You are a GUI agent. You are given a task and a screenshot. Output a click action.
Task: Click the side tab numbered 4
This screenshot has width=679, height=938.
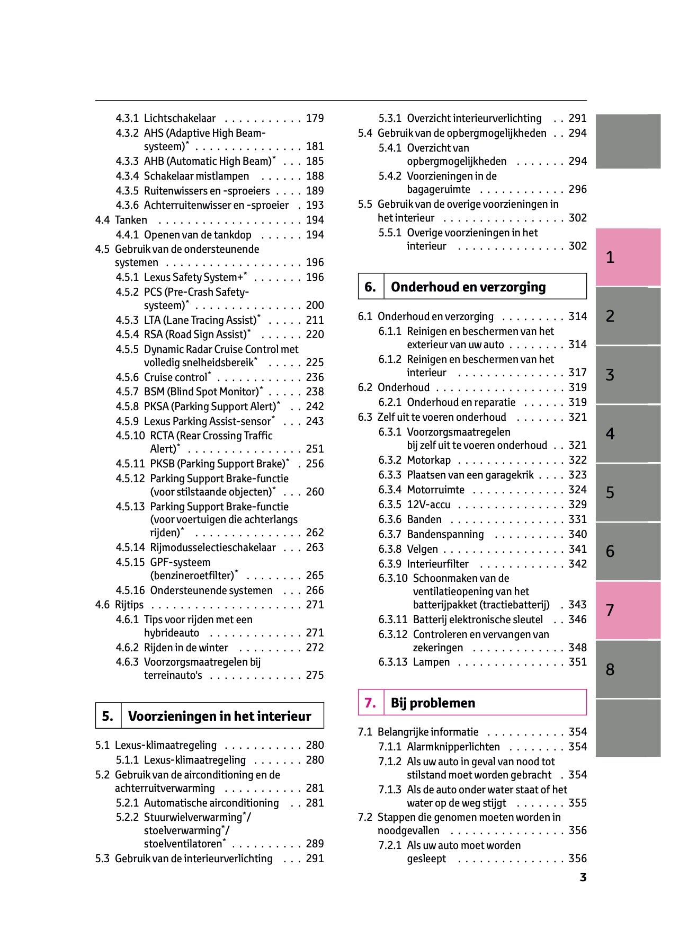[628, 434]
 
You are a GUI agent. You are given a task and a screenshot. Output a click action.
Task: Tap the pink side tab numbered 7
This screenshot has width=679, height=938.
[628, 610]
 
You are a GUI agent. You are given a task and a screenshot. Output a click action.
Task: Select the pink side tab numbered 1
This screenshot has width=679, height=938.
[628, 258]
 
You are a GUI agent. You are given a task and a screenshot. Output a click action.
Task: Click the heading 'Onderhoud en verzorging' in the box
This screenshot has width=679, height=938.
[468, 287]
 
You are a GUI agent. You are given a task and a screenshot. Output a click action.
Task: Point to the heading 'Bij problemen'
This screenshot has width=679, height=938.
[433, 703]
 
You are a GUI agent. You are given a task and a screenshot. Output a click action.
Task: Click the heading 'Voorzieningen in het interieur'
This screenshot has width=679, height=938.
[219, 716]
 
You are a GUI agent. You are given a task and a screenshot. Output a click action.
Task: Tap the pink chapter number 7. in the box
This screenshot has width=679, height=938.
[370, 703]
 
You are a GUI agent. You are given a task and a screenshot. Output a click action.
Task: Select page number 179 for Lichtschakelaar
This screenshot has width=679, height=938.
[315, 118]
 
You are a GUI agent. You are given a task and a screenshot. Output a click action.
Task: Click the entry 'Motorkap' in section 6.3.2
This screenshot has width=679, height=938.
[428, 460]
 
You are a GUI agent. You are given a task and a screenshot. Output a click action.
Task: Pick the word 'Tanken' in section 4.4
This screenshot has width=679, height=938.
[131, 220]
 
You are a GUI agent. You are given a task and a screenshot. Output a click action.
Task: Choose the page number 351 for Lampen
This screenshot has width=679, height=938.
[577, 662]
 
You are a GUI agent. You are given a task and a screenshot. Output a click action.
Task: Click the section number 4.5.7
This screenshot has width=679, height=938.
[127, 392]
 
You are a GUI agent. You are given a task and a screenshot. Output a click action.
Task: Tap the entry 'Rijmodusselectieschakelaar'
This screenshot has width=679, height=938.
[213, 547]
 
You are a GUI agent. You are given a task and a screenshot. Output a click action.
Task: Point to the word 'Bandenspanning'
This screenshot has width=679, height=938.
[445, 534]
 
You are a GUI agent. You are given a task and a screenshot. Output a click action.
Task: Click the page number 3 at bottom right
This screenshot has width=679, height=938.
[583, 878]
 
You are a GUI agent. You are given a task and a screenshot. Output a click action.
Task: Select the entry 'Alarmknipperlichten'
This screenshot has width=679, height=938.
[453, 747]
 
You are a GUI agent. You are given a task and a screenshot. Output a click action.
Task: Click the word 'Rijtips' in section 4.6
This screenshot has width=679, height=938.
[129, 605]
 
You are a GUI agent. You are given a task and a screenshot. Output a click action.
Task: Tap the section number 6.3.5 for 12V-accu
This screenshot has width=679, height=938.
[389, 505]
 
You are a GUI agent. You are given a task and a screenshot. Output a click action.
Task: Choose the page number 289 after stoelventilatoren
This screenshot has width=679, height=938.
[315, 844]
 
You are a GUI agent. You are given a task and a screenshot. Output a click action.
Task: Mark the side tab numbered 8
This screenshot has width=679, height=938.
[628, 669]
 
